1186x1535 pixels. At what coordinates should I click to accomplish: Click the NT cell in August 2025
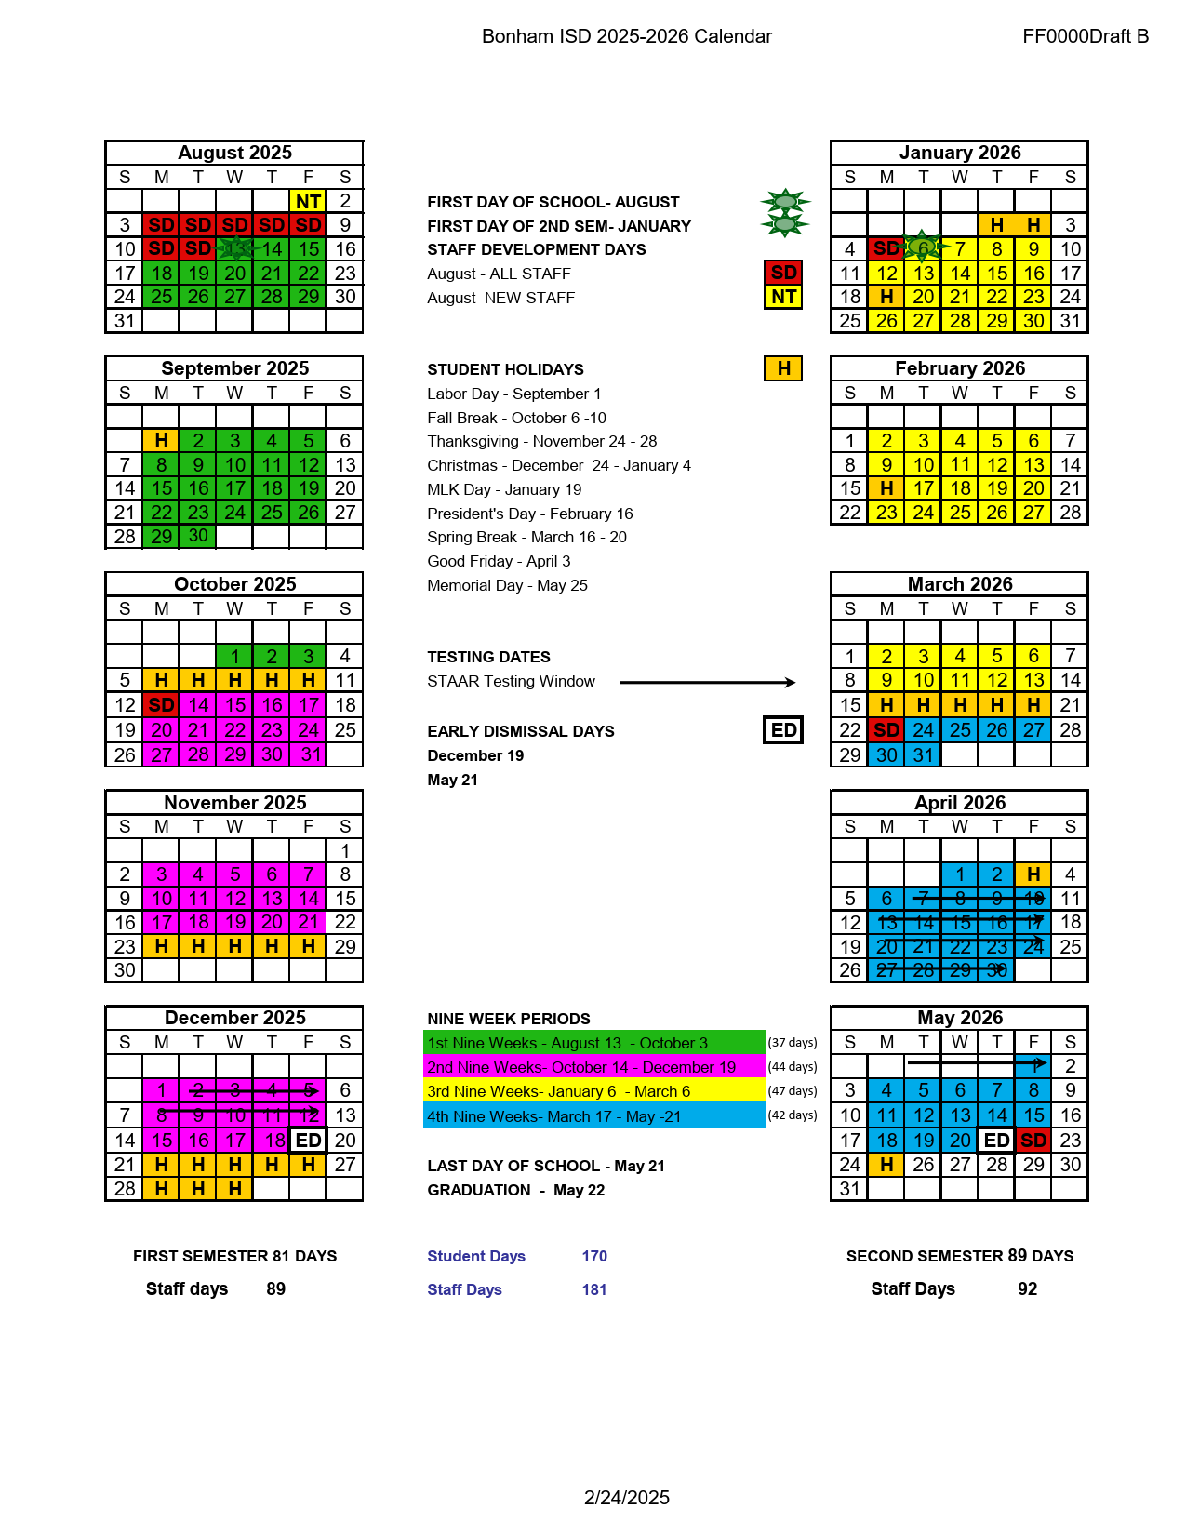pyautogui.click(x=308, y=201)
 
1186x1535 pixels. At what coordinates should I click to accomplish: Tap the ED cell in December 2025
pyautogui.click(x=308, y=1140)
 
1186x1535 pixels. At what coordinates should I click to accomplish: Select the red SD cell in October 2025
pyautogui.click(x=161, y=705)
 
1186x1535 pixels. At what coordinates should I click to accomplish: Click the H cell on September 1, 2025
pyautogui.click(x=161, y=440)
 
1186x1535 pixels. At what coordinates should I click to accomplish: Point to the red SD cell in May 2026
pyautogui.click(x=1033, y=1140)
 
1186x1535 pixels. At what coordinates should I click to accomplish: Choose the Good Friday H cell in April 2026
pyautogui.click(x=1033, y=874)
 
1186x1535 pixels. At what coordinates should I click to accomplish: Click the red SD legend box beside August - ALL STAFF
pyautogui.click(x=783, y=273)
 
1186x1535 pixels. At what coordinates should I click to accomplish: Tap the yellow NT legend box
pyautogui.click(x=783, y=297)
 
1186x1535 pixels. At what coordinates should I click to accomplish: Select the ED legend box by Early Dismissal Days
pyautogui.click(x=783, y=730)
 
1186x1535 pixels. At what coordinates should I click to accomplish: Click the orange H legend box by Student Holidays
pyautogui.click(x=783, y=368)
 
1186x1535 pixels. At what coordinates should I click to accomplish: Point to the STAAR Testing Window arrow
pyautogui.click(x=707, y=682)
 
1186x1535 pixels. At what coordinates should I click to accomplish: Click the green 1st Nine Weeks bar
pyautogui.click(x=593, y=1043)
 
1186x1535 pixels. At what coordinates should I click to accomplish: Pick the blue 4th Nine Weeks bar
pyautogui.click(x=593, y=1116)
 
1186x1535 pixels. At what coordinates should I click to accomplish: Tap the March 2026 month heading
pyautogui.click(x=960, y=584)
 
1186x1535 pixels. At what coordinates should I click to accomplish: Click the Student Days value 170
pyautogui.click(x=594, y=1256)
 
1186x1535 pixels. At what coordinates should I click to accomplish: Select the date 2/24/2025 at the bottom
pyautogui.click(x=627, y=1498)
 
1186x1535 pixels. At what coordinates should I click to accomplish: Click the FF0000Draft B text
pyautogui.click(x=1086, y=36)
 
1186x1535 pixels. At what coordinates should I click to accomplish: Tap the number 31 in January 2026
pyautogui.click(x=1071, y=321)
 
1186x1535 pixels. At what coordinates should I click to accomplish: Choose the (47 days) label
pyautogui.click(x=793, y=1091)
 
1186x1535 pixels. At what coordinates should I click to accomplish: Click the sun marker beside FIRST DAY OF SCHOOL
pyautogui.click(x=785, y=201)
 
